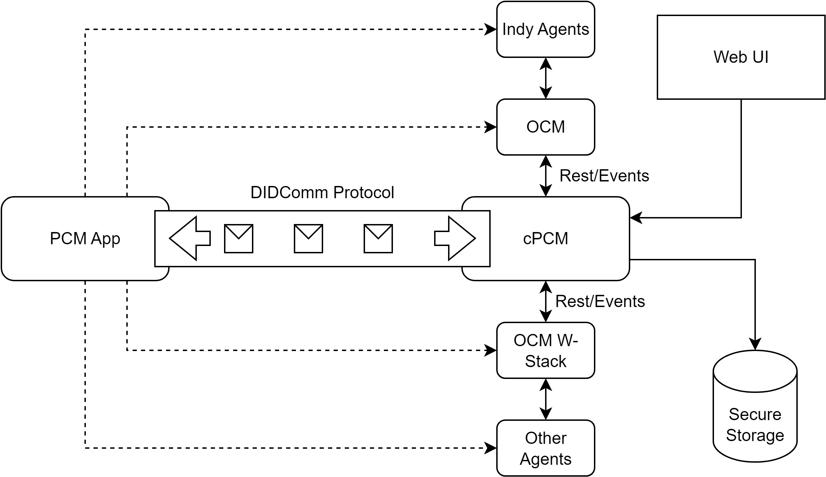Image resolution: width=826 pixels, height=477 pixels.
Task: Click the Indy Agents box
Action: [545, 29]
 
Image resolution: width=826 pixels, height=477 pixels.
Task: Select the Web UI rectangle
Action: [741, 57]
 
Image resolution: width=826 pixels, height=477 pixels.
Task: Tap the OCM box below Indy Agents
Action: [545, 127]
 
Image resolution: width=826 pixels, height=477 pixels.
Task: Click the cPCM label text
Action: [545, 239]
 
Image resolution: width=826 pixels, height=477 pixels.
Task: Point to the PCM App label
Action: [85, 239]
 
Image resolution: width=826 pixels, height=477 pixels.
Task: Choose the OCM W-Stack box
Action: [545, 350]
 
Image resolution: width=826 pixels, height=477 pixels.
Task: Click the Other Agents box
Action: [545, 448]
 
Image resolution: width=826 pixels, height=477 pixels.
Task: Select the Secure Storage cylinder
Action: [755, 406]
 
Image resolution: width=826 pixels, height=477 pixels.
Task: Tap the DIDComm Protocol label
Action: [322, 193]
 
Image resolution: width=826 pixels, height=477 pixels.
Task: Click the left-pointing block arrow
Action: [189, 239]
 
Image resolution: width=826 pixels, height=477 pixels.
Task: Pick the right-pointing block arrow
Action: [455, 239]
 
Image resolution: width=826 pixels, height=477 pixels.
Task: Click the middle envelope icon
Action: [308, 239]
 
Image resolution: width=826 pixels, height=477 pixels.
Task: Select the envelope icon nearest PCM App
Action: [239, 239]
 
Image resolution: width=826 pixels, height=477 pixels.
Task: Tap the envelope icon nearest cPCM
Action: [378, 239]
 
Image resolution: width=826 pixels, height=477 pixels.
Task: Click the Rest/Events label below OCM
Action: [604, 176]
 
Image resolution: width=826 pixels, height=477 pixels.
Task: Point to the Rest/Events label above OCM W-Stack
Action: [600, 301]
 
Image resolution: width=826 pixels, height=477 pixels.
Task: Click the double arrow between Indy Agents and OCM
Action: [546, 78]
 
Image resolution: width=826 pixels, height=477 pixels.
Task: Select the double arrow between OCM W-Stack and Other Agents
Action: [546, 399]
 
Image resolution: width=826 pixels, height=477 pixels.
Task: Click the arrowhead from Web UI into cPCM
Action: [636, 218]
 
